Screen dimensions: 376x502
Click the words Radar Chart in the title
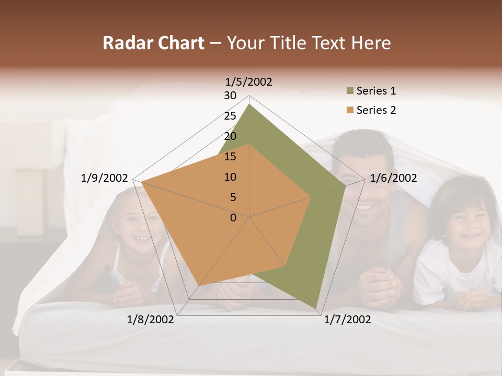(x=153, y=43)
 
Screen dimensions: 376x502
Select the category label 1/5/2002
(x=248, y=81)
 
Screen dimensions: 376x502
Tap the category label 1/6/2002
(x=393, y=178)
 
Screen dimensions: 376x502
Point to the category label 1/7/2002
(x=347, y=319)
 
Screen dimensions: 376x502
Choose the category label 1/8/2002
(x=151, y=319)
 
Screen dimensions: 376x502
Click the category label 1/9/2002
(x=104, y=178)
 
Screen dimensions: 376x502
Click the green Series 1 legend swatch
(x=349, y=91)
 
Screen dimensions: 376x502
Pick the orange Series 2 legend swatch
(x=349, y=110)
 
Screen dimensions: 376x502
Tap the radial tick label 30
(x=230, y=96)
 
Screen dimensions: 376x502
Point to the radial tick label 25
(x=230, y=116)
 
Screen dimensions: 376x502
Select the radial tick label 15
(x=230, y=157)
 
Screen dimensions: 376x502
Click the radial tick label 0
(x=233, y=218)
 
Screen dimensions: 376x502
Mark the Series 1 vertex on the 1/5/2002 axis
(x=249, y=104)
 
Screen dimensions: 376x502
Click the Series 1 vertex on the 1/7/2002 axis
(x=316, y=308)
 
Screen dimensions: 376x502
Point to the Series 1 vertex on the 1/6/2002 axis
(x=346, y=185)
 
